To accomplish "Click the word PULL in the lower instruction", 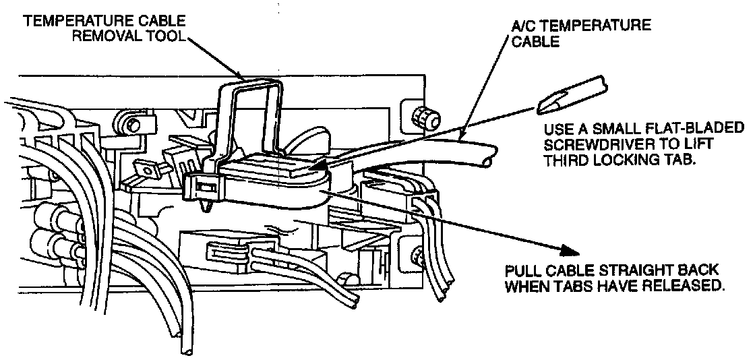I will coord(522,271).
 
